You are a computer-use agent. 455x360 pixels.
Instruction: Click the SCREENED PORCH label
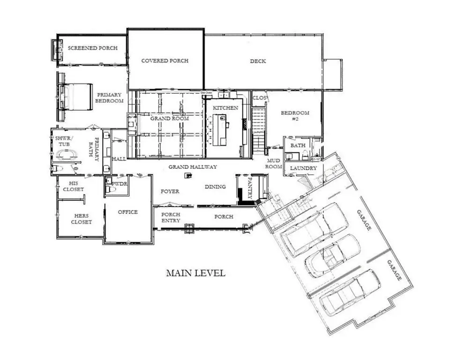(92, 48)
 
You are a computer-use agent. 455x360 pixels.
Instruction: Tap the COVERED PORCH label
(165, 61)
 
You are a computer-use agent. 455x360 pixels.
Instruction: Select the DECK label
(258, 61)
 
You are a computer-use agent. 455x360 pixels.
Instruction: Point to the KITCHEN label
(226, 108)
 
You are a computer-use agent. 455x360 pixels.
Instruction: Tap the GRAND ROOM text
(170, 119)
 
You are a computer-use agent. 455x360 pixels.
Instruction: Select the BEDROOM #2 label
(295, 116)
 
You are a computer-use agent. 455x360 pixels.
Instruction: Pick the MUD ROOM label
(273, 164)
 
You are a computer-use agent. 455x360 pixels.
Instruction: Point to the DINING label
(215, 187)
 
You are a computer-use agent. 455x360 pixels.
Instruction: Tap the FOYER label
(170, 191)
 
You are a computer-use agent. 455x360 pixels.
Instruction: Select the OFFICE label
(127, 212)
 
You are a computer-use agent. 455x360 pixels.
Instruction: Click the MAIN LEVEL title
(195, 273)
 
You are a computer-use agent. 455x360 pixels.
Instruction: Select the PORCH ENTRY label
(171, 217)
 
